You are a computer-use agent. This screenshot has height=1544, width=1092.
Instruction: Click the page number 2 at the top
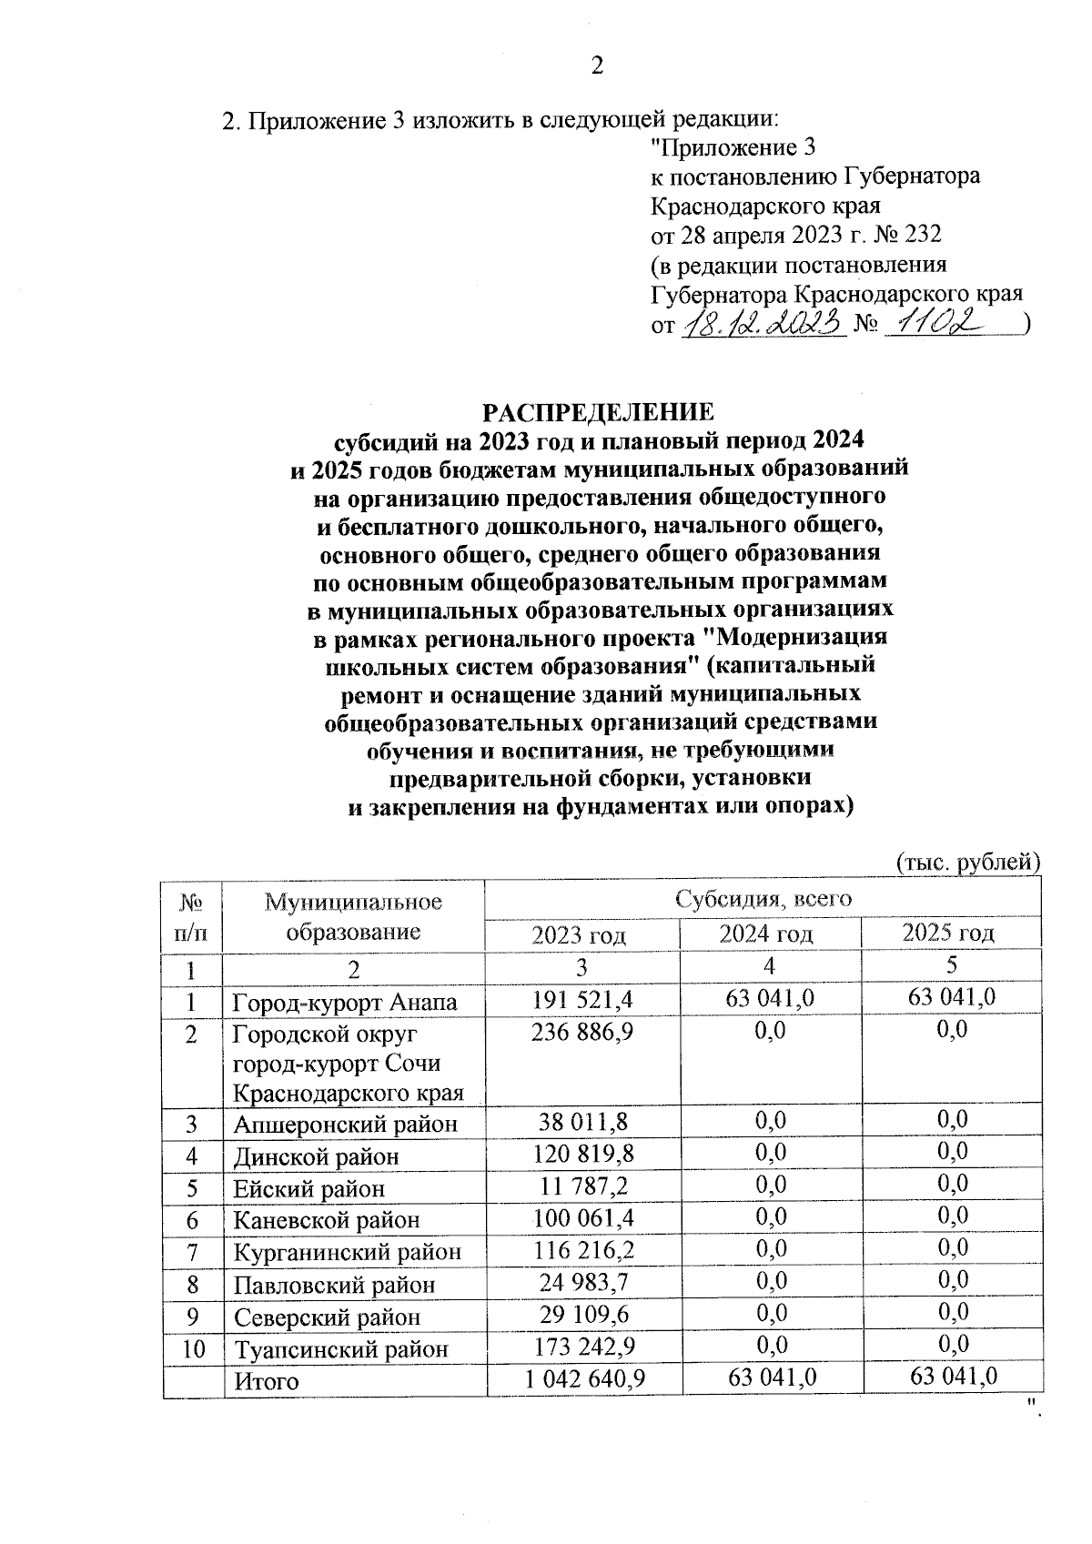point(597,66)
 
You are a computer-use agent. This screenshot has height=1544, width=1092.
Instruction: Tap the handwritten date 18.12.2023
point(763,323)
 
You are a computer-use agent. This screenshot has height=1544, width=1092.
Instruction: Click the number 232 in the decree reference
point(923,235)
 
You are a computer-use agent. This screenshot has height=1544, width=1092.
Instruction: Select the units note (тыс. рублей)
point(967,860)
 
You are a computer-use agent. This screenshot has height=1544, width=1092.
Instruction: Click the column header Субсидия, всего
point(763,899)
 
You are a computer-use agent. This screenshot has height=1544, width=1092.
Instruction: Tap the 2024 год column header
point(766,933)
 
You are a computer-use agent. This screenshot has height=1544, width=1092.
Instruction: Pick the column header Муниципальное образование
point(353,916)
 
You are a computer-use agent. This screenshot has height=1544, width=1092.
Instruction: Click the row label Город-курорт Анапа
point(345,1002)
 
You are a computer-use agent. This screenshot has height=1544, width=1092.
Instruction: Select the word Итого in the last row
point(267,1380)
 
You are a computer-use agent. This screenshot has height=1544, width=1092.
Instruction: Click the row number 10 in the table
point(194,1347)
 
